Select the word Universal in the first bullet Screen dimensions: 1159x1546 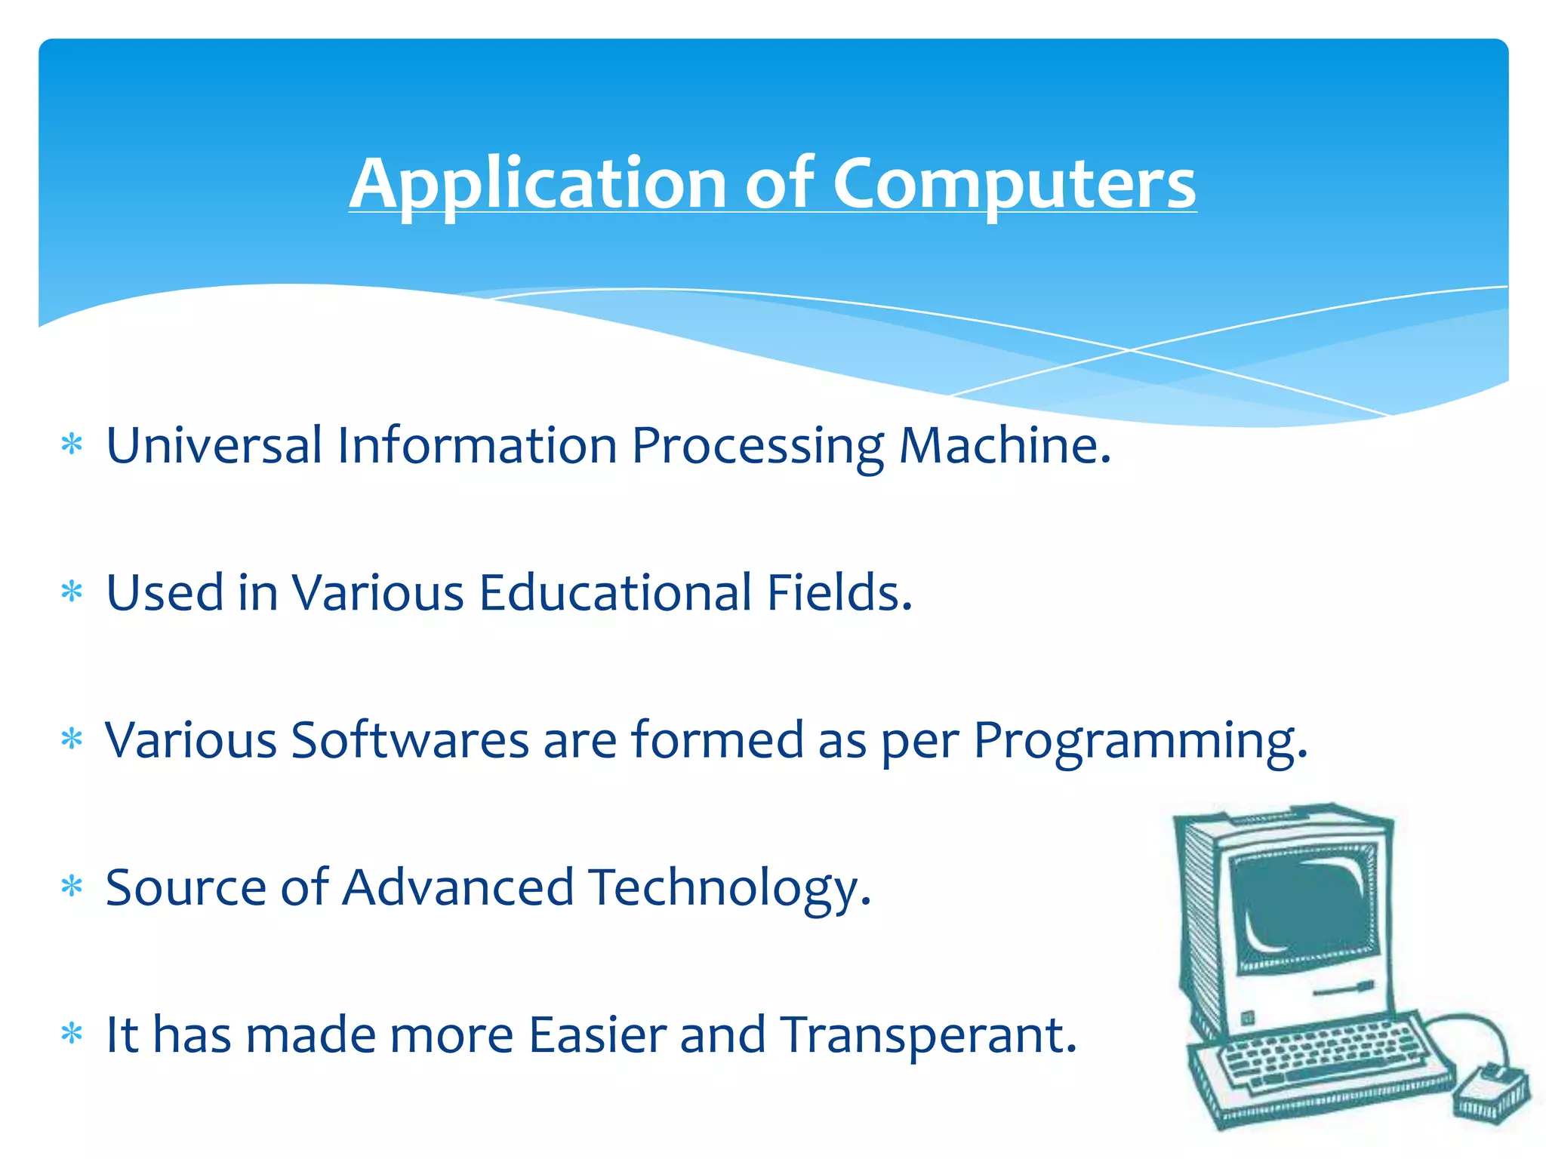tap(214, 445)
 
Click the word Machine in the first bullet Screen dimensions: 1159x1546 tap(1004, 445)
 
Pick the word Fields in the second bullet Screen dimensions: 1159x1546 tap(839, 592)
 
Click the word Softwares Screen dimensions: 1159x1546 tap(410, 739)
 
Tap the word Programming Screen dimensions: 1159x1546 tap(1139, 741)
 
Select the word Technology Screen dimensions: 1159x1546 tap(729, 887)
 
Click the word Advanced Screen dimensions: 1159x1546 tap(458, 887)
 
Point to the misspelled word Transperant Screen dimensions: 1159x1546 tap(928, 1034)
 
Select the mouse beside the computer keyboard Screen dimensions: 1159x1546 tap(1491, 1090)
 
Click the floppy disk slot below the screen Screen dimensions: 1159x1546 tap(1343, 989)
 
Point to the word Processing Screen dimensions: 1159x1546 tap(757, 447)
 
